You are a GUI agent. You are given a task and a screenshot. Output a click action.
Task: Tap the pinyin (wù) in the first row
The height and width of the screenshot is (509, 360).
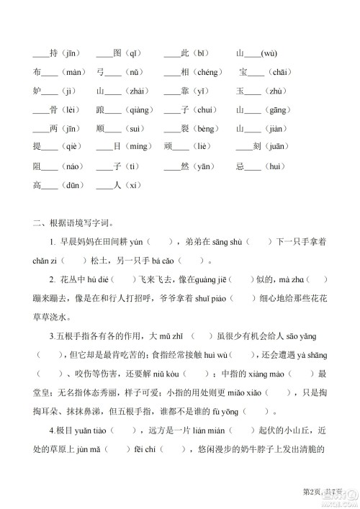click(x=269, y=53)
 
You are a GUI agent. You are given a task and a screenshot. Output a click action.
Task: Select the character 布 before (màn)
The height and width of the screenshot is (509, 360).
click(x=37, y=72)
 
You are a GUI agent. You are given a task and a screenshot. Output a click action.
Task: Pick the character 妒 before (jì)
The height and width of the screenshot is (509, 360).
click(x=37, y=91)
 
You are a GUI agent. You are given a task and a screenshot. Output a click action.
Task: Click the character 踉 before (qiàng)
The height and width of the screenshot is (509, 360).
click(x=100, y=110)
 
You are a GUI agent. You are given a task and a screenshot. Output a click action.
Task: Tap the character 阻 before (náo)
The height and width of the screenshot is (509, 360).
click(x=37, y=166)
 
